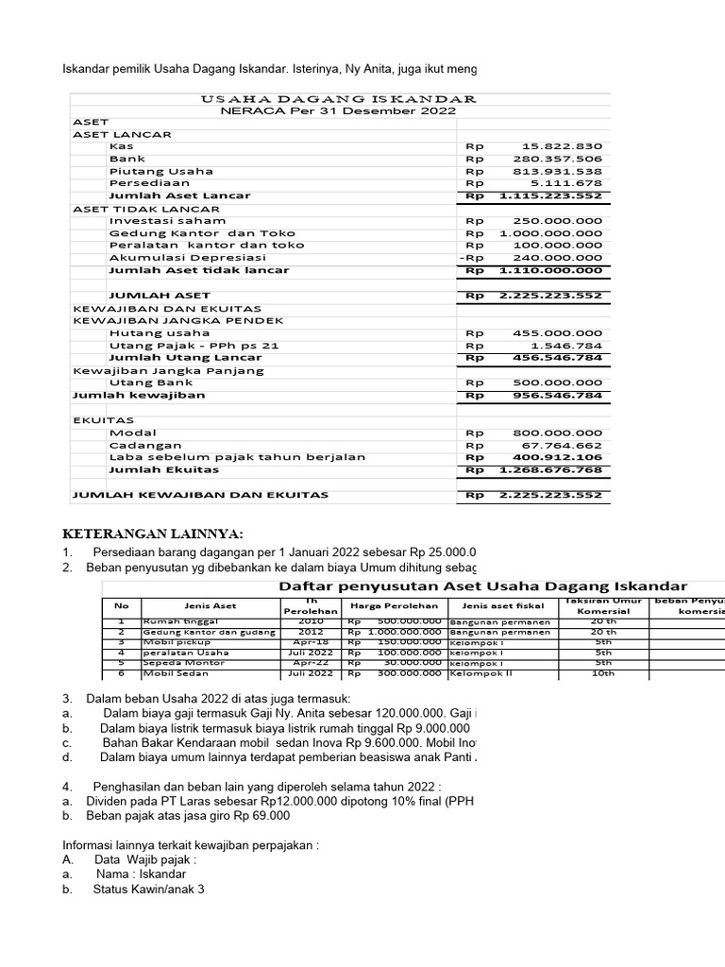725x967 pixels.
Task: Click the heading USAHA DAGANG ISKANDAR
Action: tap(339, 99)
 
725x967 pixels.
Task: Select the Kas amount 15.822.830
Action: tap(562, 146)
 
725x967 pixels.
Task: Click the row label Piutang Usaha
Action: tap(161, 171)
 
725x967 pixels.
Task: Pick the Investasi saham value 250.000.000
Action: tap(558, 220)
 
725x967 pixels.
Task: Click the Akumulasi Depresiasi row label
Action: tap(188, 257)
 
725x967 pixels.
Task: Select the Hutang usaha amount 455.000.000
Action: tap(558, 332)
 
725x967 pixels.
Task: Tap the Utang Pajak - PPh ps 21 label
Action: tap(194, 346)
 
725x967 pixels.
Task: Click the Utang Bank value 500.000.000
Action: tap(558, 382)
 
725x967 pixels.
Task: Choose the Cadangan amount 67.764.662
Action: tap(562, 445)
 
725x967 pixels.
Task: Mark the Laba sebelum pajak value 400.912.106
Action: tap(558, 457)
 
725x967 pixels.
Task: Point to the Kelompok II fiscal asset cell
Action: tap(479, 673)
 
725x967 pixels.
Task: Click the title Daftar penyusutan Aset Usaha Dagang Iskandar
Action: tap(484, 586)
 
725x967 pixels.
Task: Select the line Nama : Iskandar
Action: tap(141, 874)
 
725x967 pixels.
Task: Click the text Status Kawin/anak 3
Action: tap(148, 890)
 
